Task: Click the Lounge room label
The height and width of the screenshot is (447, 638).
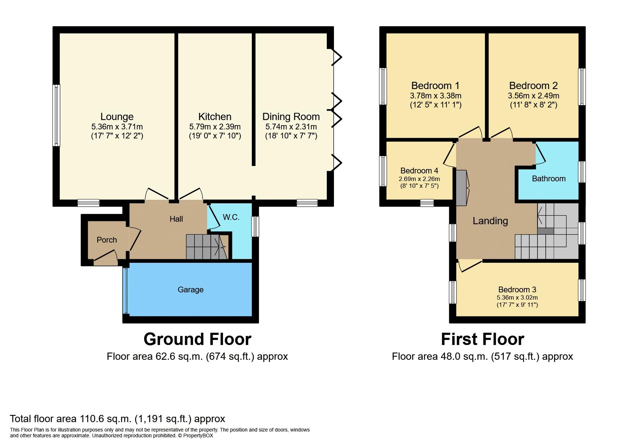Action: coord(117,116)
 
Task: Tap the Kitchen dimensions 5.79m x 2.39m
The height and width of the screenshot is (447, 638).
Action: coord(215,127)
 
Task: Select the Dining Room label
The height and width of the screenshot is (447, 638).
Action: coord(291,116)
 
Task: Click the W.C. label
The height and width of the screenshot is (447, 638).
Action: coord(231,217)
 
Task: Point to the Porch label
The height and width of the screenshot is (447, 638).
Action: coord(107,240)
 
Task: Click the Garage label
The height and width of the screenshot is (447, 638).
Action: coord(191,289)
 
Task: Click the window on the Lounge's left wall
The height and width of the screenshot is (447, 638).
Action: coord(56,115)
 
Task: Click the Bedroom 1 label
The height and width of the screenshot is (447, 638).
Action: coord(435,85)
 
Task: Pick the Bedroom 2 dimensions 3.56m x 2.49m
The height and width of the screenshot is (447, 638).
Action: coord(533,96)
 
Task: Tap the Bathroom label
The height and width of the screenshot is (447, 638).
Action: coord(548,178)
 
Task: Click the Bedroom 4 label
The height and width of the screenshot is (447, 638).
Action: coord(419,171)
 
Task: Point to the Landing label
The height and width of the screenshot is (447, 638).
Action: coord(490,221)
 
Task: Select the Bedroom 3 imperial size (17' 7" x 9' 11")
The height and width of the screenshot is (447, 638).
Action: coord(517,305)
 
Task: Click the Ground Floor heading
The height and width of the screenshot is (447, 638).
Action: coord(197,339)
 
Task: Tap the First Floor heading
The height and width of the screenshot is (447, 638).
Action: coord(482,339)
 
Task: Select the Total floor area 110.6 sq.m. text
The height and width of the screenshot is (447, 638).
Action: coord(117,419)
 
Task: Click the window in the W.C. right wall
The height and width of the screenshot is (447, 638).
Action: coord(255,226)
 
